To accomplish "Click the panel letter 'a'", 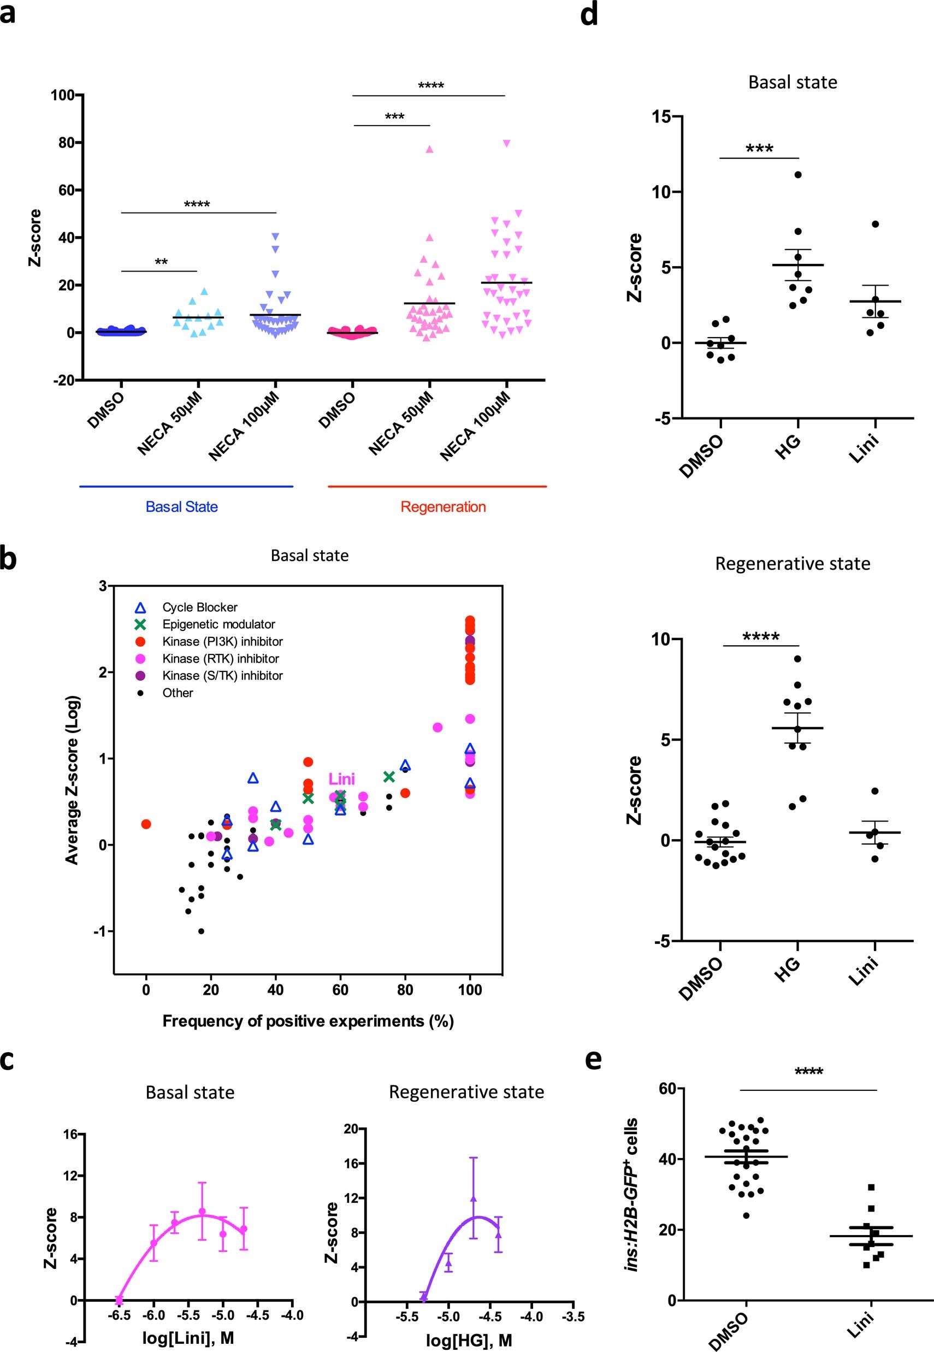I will [8, 13].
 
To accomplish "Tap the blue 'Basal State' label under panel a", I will [181, 507].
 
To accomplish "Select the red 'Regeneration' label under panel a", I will [443, 507].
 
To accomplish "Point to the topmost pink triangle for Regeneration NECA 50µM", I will [429, 149].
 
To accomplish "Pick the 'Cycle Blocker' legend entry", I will [199, 607].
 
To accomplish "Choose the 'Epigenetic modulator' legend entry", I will [218, 624].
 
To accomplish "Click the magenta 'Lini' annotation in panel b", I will [341, 779].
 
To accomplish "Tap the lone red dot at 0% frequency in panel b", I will [146, 824].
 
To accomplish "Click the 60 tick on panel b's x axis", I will [340, 990].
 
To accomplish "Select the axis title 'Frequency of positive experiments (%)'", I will [308, 1022].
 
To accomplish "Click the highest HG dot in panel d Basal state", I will [797, 174].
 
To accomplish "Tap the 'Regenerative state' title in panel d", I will [793, 564].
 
